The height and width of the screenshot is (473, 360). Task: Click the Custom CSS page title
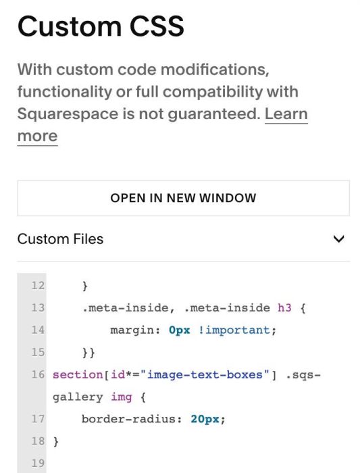point(101,26)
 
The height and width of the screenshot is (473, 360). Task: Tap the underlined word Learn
point(286,114)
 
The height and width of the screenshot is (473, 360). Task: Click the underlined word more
point(37,136)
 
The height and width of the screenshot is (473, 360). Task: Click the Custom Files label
point(60,239)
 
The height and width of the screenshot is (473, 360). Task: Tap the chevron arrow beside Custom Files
point(338,239)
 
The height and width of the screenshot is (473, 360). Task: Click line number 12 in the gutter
point(38,285)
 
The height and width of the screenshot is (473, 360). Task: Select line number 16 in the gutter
point(38,374)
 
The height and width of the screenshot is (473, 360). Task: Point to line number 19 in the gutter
point(38,463)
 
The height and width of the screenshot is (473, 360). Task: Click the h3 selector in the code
point(284,307)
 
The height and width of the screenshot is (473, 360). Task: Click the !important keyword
point(234,330)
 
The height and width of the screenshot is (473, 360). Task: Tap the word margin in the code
point(132,330)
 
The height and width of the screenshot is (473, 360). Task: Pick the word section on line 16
point(78,374)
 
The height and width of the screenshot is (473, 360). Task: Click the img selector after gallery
point(122,397)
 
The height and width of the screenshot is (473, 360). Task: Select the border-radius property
point(128,419)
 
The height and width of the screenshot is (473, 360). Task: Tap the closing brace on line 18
point(56,441)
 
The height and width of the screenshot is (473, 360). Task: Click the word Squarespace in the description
point(68,114)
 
